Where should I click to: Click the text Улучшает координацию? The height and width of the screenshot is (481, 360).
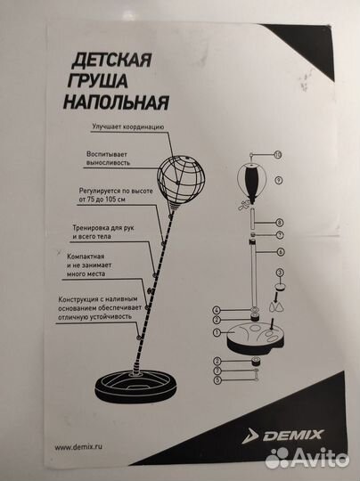(x=127, y=126)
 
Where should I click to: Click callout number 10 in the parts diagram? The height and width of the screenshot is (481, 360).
(x=279, y=154)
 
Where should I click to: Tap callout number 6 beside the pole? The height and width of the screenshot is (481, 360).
(x=279, y=252)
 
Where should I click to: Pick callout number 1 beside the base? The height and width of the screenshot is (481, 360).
(x=217, y=331)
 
